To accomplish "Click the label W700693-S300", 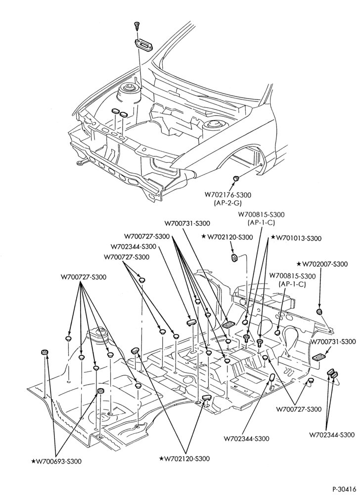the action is pos(59,461).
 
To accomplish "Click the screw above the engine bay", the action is pos(137,25).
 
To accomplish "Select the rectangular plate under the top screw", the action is pos(144,44).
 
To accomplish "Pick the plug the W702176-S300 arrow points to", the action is pos(236,178).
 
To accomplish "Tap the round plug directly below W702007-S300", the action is pos(319,312).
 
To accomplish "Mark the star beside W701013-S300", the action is pos(273,238).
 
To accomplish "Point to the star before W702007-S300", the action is pos(299,263).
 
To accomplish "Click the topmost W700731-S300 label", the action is pos(187,223).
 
